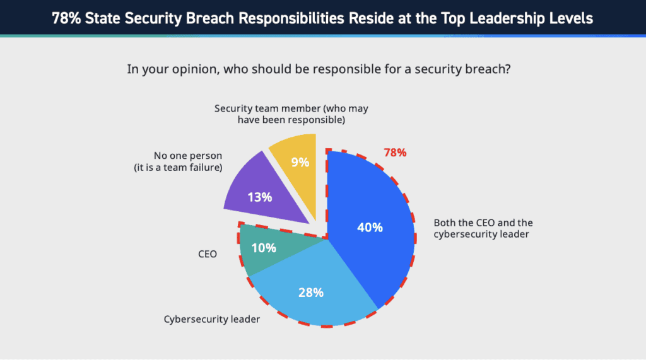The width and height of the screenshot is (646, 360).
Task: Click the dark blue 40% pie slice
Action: (372, 208)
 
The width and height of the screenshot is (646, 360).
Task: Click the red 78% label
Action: (395, 153)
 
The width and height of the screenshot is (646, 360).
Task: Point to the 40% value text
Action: (370, 228)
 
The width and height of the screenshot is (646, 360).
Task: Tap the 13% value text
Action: (259, 197)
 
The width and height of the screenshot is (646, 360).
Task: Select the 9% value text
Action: (300, 162)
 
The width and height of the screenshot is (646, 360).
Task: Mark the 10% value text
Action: (264, 248)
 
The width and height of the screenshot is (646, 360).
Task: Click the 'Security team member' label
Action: (291, 108)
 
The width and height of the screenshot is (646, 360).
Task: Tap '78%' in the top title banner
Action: (66, 18)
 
